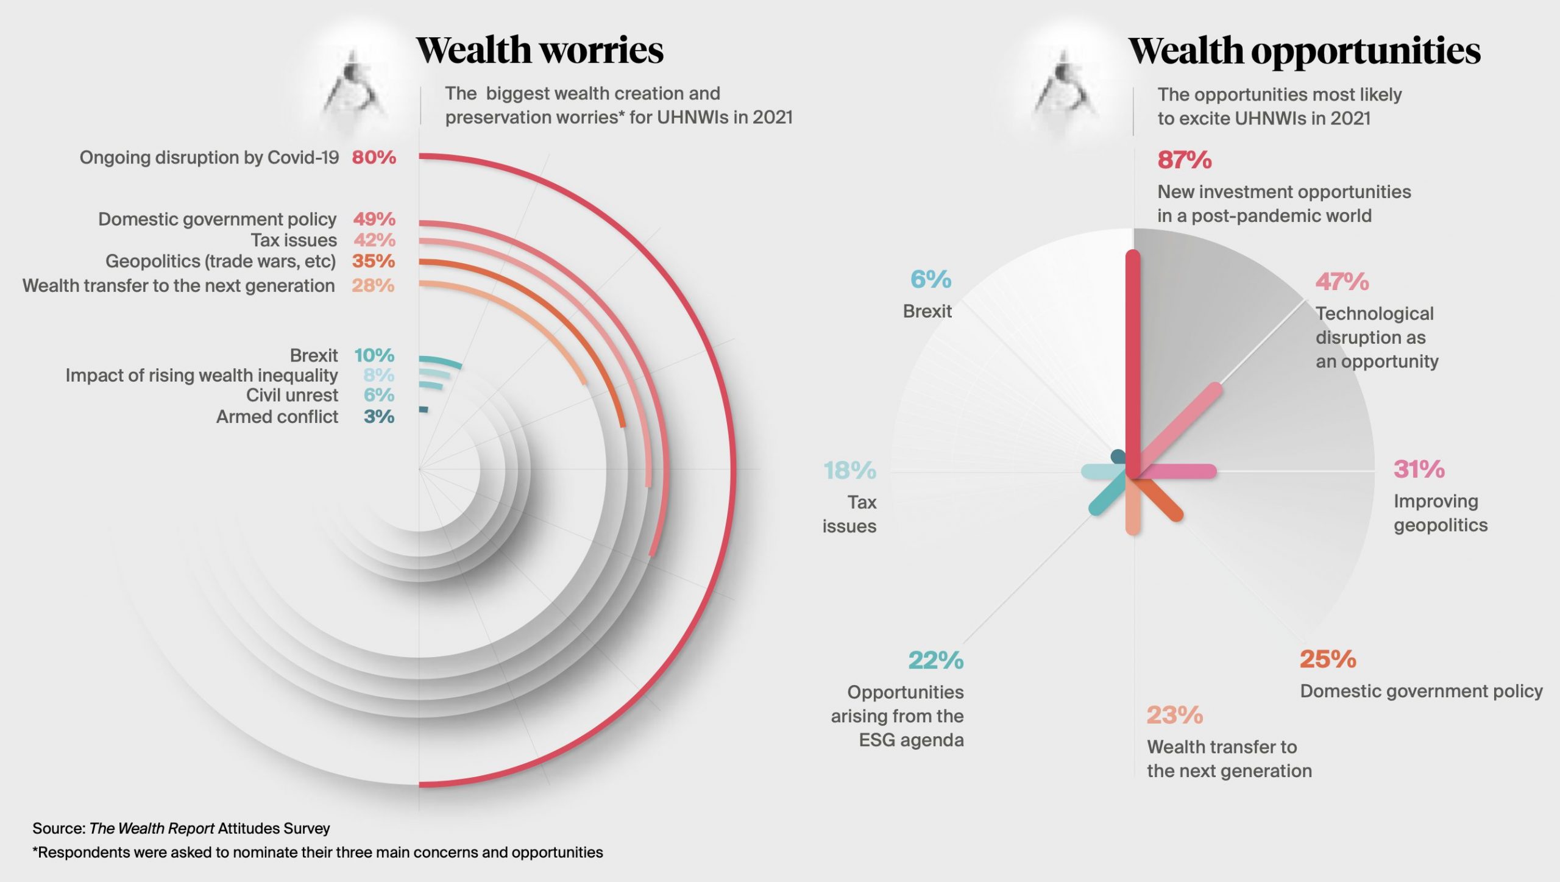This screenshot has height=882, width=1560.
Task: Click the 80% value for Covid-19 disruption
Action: tap(374, 157)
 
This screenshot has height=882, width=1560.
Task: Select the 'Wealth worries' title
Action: tap(539, 50)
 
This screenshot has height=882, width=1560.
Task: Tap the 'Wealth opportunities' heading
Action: tap(1304, 50)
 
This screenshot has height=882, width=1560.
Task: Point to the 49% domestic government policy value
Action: tap(374, 219)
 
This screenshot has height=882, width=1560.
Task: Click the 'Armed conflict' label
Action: tap(277, 417)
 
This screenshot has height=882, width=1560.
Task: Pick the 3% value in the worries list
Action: tap(378, 417)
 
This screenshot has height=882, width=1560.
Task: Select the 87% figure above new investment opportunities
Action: tap(1184, 160)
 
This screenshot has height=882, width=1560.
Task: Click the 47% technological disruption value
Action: tap(1342, 282)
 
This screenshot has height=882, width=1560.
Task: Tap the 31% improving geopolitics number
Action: tap(1419, 469)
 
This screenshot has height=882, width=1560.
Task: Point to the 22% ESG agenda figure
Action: tap(935, 660)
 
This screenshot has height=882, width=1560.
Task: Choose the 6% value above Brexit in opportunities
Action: tap(931, 280)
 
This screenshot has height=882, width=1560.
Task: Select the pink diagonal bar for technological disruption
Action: tap(1182, 427)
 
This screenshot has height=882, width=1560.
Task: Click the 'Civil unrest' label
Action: tap(292, 396)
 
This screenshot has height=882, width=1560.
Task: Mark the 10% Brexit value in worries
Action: tap(374, 355)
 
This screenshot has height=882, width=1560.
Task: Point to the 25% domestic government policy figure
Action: tap(1328, 660)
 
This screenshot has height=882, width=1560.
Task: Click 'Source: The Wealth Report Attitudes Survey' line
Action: tap(181, 828)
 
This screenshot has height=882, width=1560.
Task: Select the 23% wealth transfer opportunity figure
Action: tap(1174, 716)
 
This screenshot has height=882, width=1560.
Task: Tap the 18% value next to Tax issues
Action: tap(849, 471)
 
